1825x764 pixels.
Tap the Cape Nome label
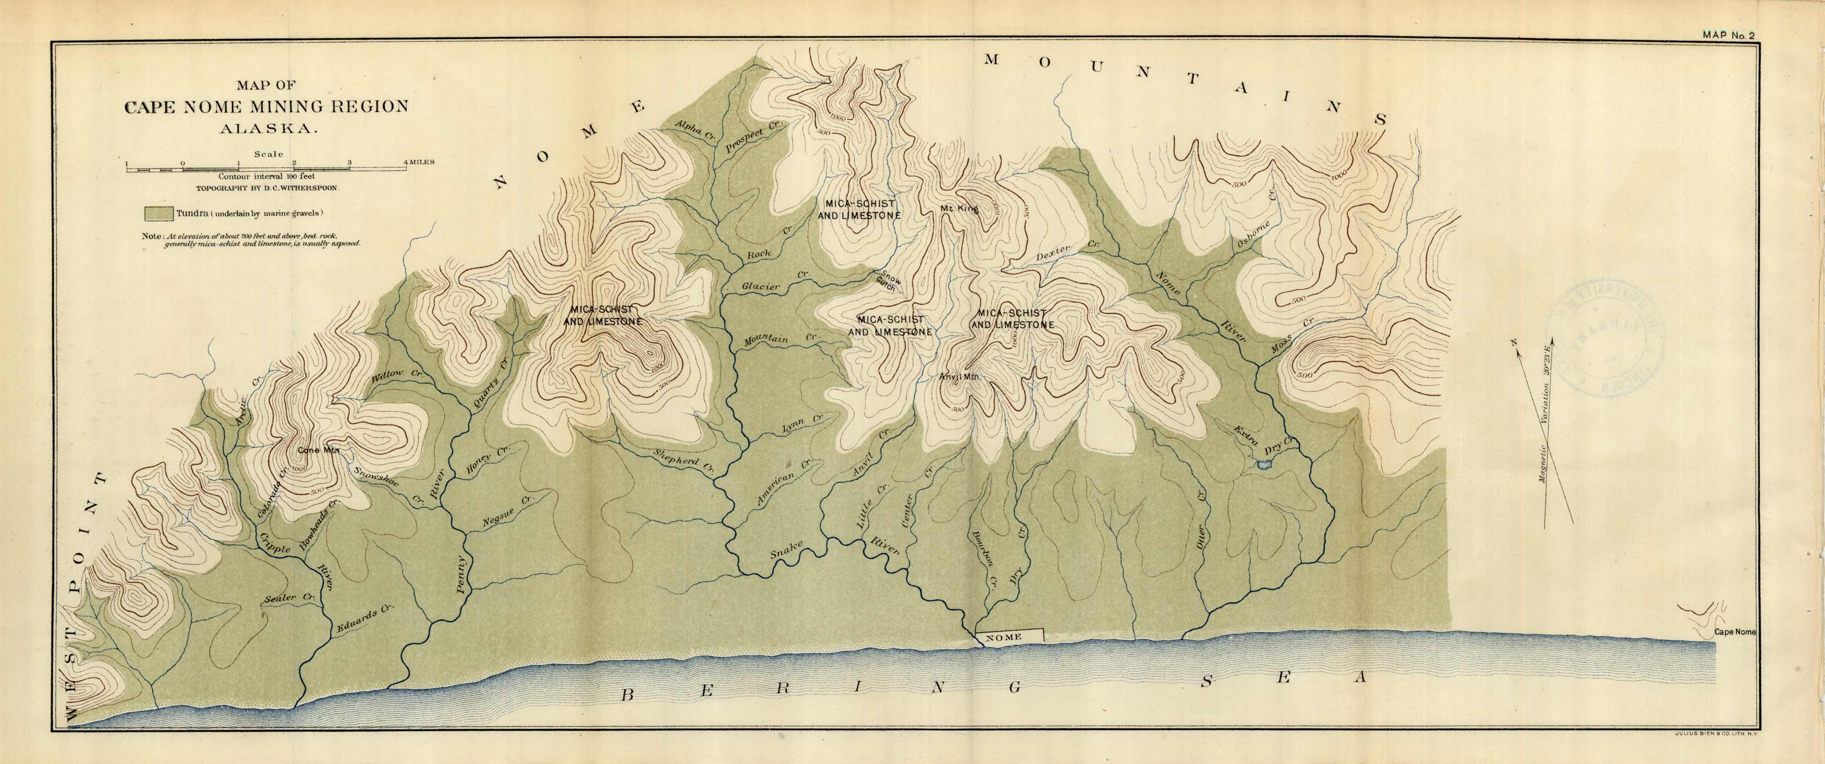click(1734, 632)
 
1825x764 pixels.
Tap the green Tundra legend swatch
click(159, 213)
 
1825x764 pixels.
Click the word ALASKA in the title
click(267, 130)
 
